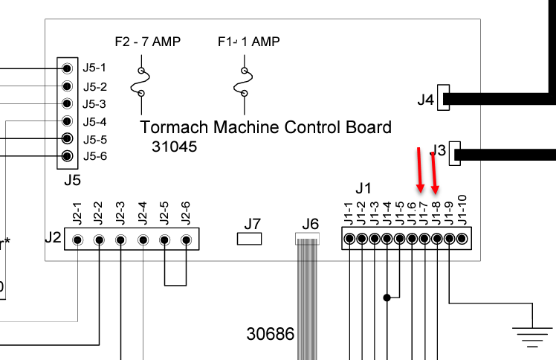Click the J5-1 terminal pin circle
(68, 68)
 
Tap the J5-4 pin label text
(95, 122)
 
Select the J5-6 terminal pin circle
(68, 156)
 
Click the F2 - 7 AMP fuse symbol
(140, 80)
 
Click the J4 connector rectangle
(444, 97)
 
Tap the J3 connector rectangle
(456, 154)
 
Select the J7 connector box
(250, 239)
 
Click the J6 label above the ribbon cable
(310, 223)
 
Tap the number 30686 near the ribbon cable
(270, 333)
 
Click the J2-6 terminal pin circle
(186, 240)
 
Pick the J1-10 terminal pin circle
(462, 239)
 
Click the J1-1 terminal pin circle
(349, 239)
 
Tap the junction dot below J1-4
(387, 298)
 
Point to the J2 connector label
(52, 238)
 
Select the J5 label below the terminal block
(72, 179)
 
